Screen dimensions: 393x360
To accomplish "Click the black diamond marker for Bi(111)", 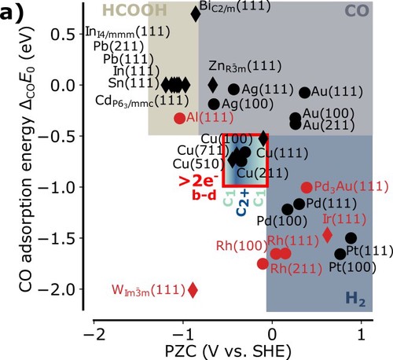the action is pyautogui.click(x=196, y=14).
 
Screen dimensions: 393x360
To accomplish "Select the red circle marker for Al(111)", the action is pyautogui.click(x=180, y=118).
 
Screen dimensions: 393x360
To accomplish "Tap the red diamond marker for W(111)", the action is pyautogui.click(x=193, y=290).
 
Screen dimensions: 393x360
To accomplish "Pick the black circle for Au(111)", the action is pyautogui.click(x=305, y=92).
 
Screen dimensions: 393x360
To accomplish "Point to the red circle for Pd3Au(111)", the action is pyautogui.click(x=307, y=187).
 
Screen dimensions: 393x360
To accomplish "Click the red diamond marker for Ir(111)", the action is pyautogui.click(x=328, y=234).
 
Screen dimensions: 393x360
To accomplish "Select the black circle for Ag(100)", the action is pyautogui.click(x=214, y=104).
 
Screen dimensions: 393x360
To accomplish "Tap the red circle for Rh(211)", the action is pyautogui.click(x=263, y=263).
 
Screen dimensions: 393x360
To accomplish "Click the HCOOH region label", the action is pyautogui.click(x=134, y=10).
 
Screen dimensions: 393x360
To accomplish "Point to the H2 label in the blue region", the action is pyautogui.click(x=355, y=299).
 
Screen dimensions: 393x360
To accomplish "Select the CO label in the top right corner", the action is pyautogui.click(x=357, y=11).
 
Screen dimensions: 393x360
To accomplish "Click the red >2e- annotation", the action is pyautogui.click(x=198, y=181).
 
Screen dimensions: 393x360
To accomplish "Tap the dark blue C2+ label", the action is pyautogui.click(x=243, y=203).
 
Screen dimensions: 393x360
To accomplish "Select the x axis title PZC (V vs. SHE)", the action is pyautogui.click(x=228, y=351).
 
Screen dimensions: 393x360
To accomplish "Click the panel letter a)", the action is pyautogui.click(x=12, y=13).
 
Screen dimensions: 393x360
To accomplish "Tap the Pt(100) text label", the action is pyautogui.click(x=352, y=267).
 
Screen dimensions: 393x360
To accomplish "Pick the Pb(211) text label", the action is pyautogui.click(x=119, y=46).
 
